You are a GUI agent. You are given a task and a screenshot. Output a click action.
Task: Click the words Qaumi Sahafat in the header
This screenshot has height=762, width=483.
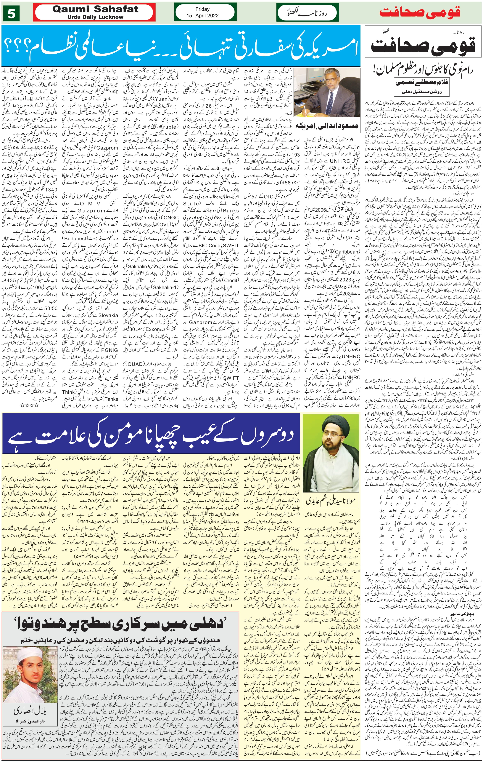95,9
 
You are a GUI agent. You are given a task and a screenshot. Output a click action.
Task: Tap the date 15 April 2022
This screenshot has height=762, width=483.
202,15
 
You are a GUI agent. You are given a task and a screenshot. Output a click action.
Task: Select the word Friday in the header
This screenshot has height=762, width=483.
202,9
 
